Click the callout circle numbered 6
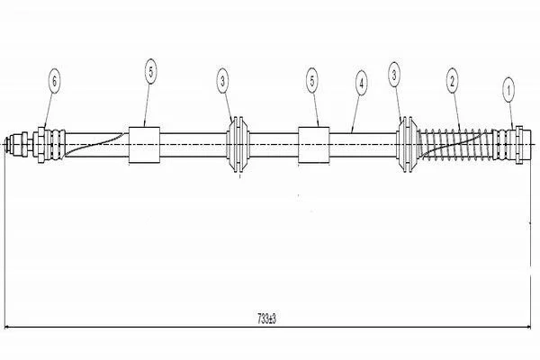[54, 82]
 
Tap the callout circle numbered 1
[508, 90]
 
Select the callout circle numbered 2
[452, 81]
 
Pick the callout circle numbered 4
[361, 83]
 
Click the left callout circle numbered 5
[151, 71]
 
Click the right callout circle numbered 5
[312, 81]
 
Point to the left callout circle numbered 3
[223, 81]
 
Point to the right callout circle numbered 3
[394, 75]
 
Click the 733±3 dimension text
[267, 319]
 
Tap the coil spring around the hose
[455, 144]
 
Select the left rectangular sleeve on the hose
[144, 145]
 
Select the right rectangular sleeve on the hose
[314, 145]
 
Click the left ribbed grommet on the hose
[238, 144]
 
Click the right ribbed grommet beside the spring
[407, 144]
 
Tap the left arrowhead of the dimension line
[7, 327]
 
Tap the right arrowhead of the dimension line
[528, 327]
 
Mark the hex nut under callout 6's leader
[41, 145]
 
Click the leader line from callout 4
[355, 114]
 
